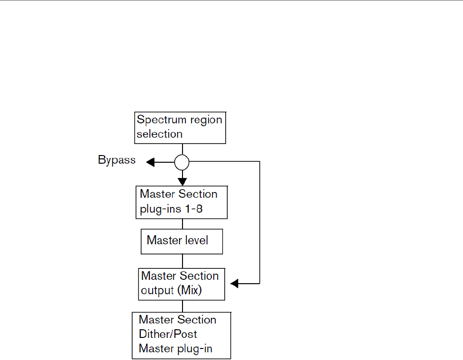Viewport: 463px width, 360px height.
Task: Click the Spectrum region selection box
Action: tap(180, 127)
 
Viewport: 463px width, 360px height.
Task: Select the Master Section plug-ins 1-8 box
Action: tap(181, 202)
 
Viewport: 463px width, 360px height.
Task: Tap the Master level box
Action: tap(182, 240)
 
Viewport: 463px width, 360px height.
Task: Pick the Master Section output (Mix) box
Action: tap(182, 284)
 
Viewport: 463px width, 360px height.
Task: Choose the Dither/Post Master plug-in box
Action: tap(182, 335)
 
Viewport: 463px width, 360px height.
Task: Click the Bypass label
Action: tap(117, 160)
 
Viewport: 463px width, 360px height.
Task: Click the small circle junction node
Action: tap(182, 163)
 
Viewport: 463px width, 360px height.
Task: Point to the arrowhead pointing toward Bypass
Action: tap(150, 163)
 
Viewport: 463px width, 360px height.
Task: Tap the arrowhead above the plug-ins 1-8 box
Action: tap(182, 181)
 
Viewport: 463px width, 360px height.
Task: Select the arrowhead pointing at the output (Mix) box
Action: tap(234, 284)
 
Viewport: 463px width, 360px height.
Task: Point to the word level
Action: tap(197, 240)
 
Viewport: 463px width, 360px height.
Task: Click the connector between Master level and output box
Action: tap(182, 261)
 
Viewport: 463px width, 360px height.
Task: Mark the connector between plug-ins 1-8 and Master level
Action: tap(182, 224)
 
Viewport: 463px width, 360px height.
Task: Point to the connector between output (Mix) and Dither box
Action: tap(182, 306)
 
